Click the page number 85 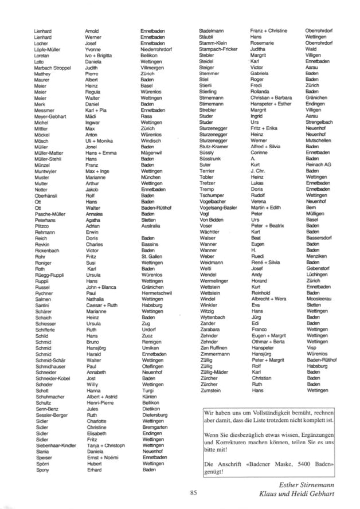(x=193, y=491)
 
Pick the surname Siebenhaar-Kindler (x=55, y=445)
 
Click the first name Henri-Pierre (x=100, y=403)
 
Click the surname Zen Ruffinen (x=215, y=347)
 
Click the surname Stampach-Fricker (x=218, y=49)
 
